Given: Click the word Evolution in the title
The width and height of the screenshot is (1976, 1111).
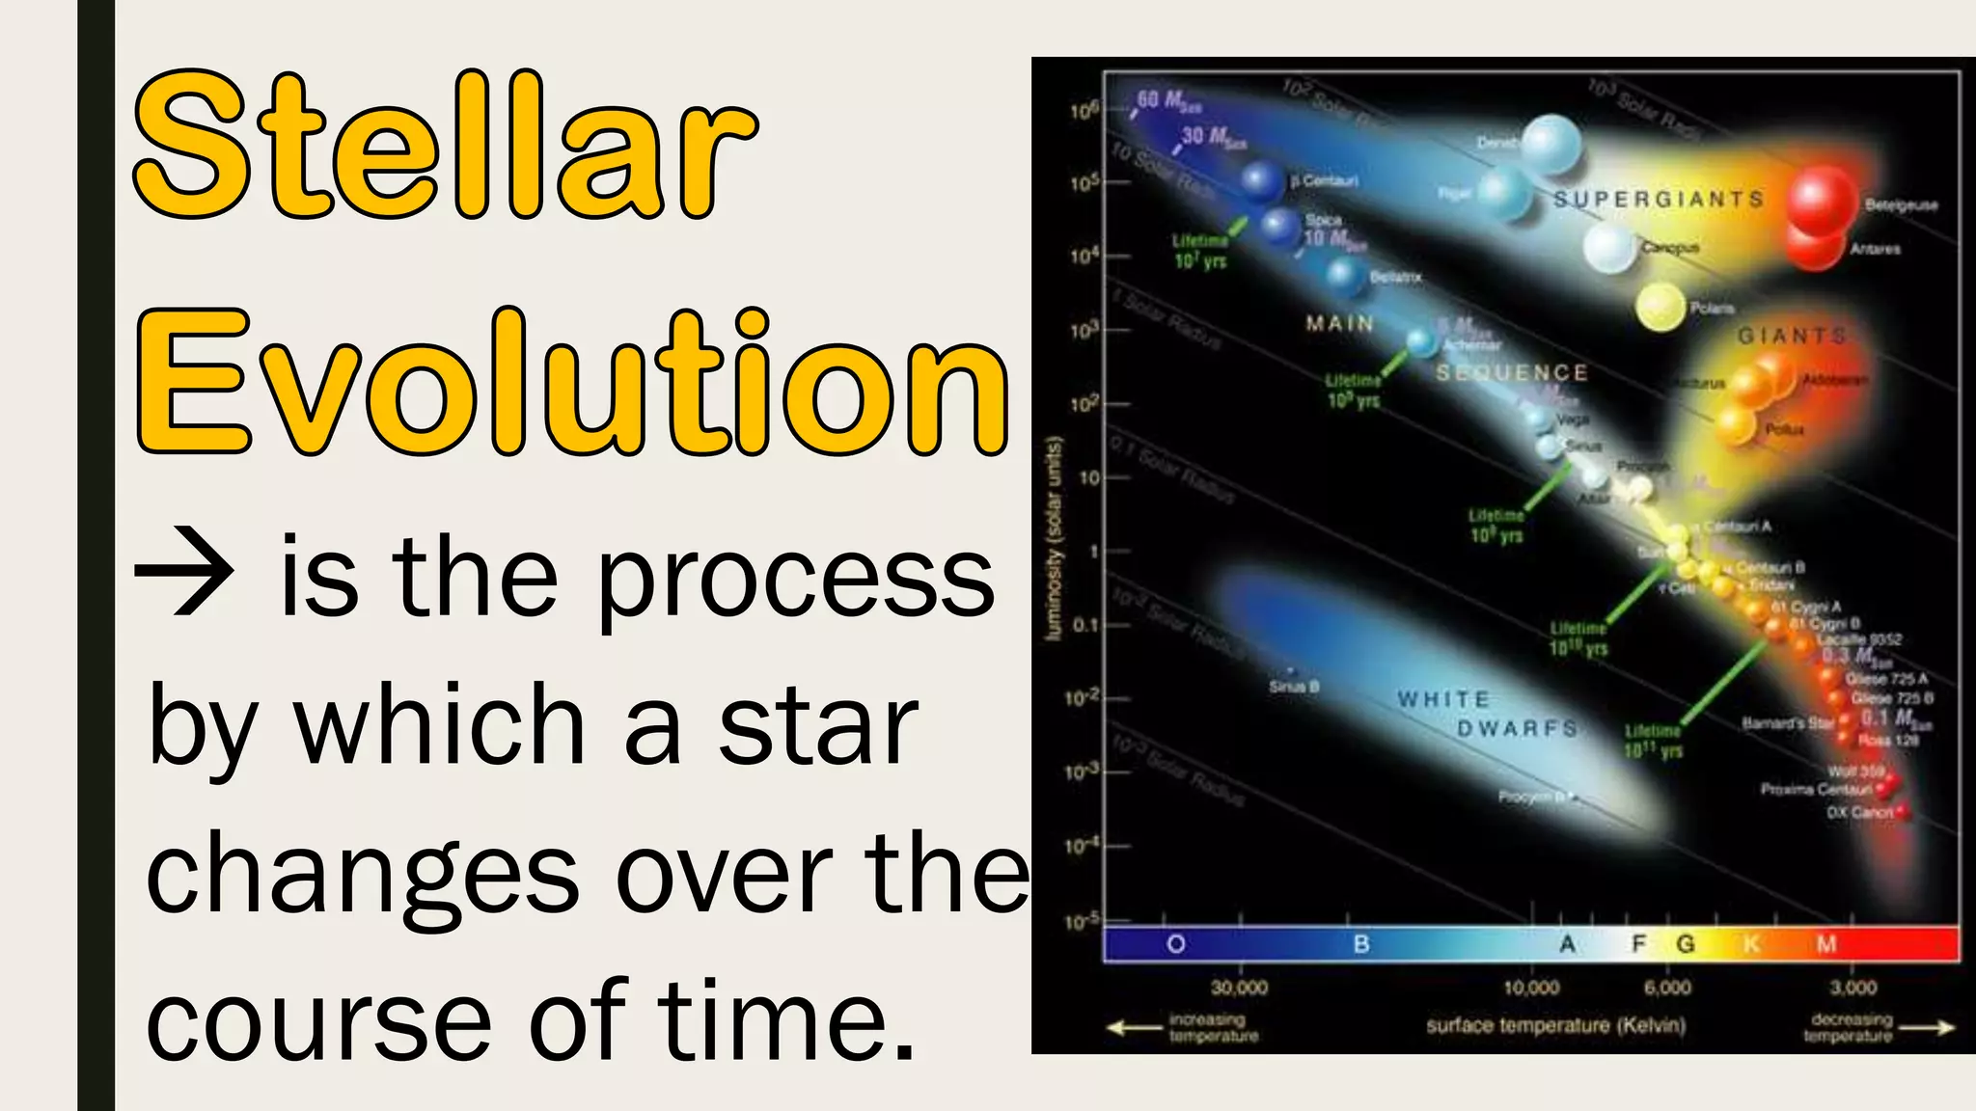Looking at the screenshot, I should (571, 384).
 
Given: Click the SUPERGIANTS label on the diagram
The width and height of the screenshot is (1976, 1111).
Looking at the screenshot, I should (1658, 200).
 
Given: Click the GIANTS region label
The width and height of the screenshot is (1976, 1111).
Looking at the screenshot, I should (1792, 337).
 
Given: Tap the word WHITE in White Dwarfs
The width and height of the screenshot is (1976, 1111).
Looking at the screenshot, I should (1443, 698).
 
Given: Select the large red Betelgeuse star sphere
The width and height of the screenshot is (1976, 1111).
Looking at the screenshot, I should (1822, 201).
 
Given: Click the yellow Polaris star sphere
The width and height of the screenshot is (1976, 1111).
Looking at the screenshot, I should (1660, 308).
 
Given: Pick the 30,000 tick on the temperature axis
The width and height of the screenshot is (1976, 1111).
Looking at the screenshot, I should (1240, 988).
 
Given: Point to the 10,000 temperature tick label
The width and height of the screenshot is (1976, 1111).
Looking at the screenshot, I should (1531, 988).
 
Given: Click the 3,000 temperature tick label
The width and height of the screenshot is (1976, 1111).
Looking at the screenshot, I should (1852, 988).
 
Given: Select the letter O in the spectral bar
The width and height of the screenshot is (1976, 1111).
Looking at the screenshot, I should (1175, 944).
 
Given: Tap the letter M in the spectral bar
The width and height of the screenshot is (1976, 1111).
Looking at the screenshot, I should (1826, 944).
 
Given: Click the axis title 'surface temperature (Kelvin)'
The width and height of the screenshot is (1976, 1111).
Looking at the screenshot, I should (1555, 1025).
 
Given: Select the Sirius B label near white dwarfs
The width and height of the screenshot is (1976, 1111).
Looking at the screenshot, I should (1294, 687).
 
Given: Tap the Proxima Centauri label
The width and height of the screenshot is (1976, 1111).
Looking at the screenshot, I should (1816, 790).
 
